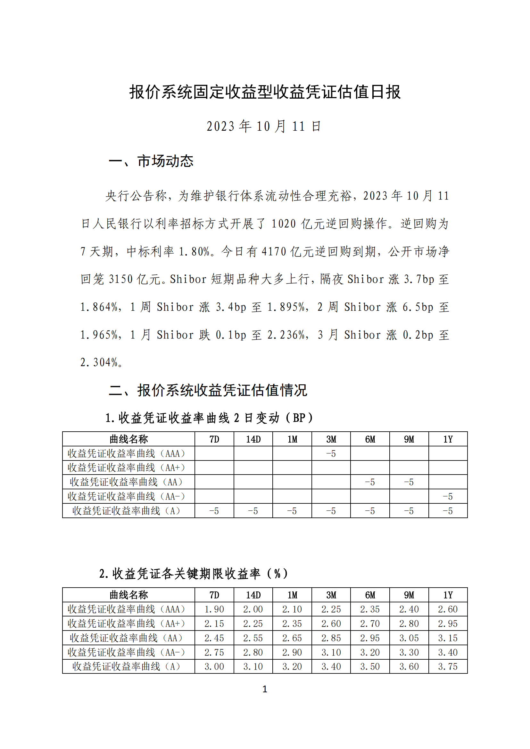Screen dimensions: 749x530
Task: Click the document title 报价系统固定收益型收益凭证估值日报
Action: point(265,92)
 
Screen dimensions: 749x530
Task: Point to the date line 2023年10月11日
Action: point(264,126)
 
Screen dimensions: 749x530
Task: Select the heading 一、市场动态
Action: point(151,161)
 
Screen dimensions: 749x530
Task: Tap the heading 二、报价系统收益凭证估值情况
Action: point(208,390)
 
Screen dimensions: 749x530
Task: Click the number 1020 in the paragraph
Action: point(284,224)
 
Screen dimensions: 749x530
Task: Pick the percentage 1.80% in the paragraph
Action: point(195,251)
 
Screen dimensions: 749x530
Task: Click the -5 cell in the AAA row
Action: point(331,454)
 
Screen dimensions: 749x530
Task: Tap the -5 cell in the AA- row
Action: point(448,497)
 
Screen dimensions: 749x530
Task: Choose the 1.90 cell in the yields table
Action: point(214,609)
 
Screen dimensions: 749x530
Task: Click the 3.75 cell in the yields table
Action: point(448,666)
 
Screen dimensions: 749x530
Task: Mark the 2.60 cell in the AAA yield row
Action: point(448,609)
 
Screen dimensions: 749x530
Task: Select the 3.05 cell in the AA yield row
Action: point(409,638)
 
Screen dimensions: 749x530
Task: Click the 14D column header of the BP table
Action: point(253,439)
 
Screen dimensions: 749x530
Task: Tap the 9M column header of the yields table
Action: point(409,595)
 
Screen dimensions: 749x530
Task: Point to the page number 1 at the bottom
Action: point(265,689)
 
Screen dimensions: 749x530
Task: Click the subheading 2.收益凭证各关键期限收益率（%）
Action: point(194,574)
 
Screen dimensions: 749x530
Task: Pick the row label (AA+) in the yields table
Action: point(127,623)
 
